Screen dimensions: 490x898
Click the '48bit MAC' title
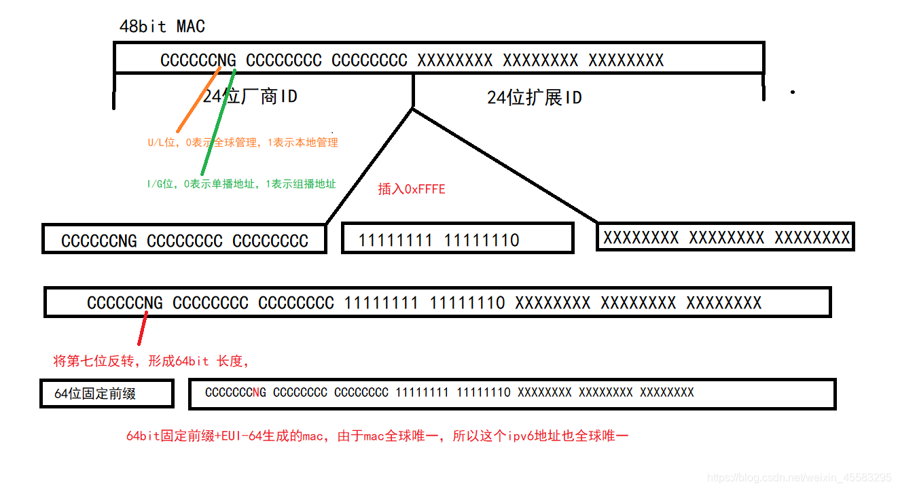click(162, 27)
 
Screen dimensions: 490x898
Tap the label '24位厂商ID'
click(250, 97)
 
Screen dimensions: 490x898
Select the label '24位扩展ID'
click(534, 98)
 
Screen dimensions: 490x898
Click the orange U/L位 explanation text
click(243, 143)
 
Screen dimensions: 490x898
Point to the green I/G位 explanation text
click(241, 184)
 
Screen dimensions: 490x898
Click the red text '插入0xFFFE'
click(412, 189)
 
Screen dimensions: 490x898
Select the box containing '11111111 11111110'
click(457, 239)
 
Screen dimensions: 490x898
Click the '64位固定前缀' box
click(107, 393)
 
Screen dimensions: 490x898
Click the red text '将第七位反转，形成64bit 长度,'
click(151, 361)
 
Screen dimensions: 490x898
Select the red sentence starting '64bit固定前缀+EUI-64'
click(377, 436)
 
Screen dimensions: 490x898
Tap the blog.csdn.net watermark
click(799, 478)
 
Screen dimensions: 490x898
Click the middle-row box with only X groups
click(725, 237)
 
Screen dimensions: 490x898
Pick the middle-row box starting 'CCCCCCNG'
click(184, 240)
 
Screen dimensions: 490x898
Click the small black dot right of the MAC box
click(792, 92)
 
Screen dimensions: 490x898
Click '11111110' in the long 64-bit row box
click(467, 302)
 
